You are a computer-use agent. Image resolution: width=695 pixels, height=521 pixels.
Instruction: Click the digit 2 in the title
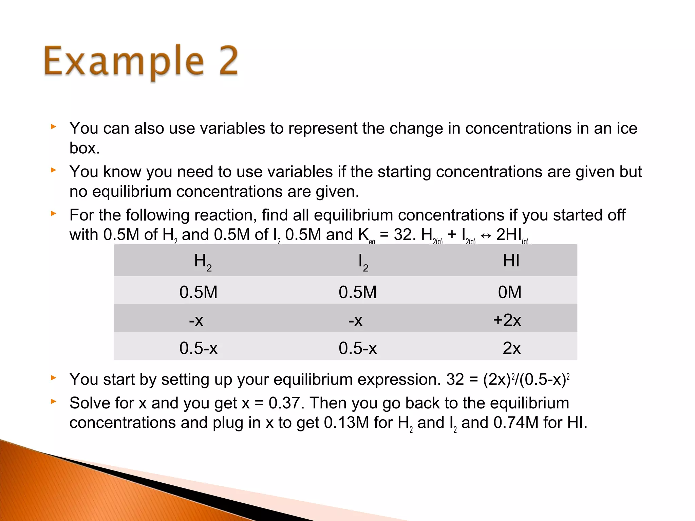click(x=228, y=61)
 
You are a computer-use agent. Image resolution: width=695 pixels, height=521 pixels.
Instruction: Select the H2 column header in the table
click(x=203, y=262)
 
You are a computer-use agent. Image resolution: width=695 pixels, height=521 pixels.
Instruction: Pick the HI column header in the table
click(x=511, y=260)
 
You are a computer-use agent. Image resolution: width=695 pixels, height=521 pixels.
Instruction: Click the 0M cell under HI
click(x=509, y=292)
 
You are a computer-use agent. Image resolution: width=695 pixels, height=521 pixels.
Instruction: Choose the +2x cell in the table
click(x=507, y=320)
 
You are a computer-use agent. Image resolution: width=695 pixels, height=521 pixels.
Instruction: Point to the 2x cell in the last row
click(x=511, y=348)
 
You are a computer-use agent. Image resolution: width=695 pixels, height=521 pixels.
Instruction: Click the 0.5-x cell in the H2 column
click(x=199, y=348)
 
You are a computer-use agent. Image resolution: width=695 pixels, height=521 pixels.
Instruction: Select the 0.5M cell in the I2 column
click(x=358, y=292)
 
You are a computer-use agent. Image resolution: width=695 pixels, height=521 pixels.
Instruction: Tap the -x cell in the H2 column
click(x=196, y=320)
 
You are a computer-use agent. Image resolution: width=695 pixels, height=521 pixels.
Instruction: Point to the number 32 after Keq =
click(x=402, y=234)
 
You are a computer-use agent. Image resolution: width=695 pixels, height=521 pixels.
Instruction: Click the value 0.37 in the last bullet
click(x=284, y=403)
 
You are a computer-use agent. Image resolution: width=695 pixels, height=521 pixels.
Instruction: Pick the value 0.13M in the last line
click(x=346, y=423)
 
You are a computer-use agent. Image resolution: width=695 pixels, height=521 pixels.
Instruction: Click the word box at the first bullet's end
click(x=84, y=148)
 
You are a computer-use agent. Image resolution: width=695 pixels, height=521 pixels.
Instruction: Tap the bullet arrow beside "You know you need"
click(x=53, y=170)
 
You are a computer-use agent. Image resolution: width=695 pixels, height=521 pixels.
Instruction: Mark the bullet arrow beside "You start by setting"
click(x=53, y=378)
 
